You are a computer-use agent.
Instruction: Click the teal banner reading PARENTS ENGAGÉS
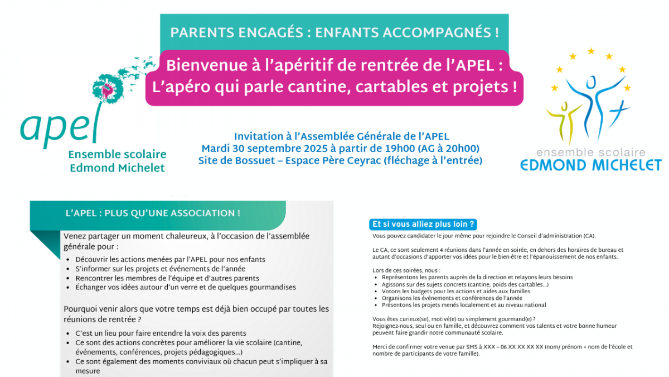[x=334, y=32]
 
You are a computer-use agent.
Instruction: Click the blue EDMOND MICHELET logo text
[x=590, y=165]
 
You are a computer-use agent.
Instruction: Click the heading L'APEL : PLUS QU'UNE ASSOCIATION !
[x=153, y=213]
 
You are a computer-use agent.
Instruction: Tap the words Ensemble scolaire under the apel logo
[x=117, y=155]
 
